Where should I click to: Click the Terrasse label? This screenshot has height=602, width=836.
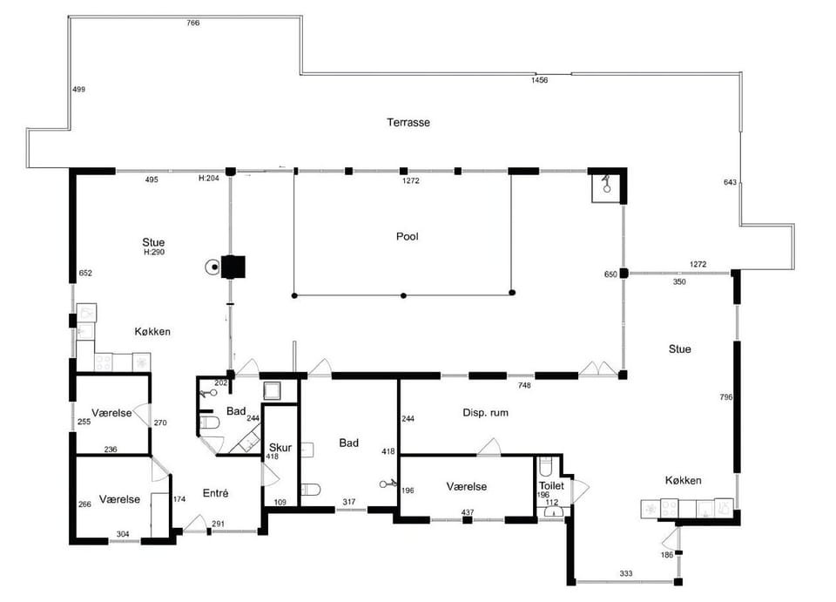point(408,122)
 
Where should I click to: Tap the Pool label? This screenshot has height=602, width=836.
point(408,236)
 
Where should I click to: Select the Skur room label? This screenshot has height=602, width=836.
point(280,448)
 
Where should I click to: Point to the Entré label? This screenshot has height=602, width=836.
point(215,493)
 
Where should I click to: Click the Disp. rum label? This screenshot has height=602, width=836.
point(485,412)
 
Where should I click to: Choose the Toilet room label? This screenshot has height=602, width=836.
point(551,486)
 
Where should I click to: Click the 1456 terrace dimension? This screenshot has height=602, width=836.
point(540,80)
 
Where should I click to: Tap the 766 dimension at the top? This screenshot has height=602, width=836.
point(193,23)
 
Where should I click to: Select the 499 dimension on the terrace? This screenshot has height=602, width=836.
point(79,89)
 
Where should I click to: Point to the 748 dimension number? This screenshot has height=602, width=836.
point(524,385)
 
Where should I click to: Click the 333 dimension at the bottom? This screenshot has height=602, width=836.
point(626,573)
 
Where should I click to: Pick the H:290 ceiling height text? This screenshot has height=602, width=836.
point(154,252)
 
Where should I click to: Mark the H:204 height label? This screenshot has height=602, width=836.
point(209,178)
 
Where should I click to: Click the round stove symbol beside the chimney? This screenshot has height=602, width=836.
point(213,267)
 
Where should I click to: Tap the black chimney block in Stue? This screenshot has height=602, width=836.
point(233,267)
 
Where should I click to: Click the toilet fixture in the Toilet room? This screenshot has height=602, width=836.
point(546,465)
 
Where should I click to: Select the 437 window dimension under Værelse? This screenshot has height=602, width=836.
point(468,512)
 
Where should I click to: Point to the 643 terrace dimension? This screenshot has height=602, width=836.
point(730,182)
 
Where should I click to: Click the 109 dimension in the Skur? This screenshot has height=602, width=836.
point(280,502)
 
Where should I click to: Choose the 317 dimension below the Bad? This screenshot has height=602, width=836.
point(348,502)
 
